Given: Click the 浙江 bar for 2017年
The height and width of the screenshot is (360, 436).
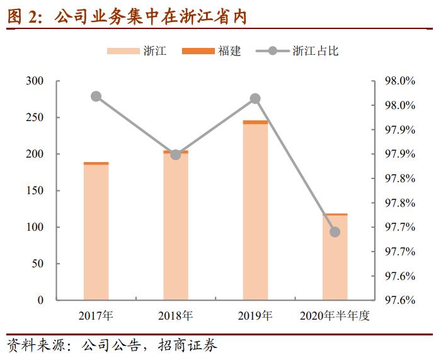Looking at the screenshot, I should point(96,232).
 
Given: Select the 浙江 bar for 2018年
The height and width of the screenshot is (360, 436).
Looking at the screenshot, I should point(176,227).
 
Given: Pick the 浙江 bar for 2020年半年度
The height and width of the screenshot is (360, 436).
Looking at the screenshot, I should point(335,258).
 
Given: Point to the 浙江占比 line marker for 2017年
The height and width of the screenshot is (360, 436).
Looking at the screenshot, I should point(96,96).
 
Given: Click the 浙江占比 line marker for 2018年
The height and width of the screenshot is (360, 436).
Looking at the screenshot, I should point(176,154).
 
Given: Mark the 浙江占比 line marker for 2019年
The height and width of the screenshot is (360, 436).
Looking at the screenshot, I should point(255,98).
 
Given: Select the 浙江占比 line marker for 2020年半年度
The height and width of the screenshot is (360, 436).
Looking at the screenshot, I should point(335,232).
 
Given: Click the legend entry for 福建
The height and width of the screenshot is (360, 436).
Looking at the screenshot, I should point(211,51).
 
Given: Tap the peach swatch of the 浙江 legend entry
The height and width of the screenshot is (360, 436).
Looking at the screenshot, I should point(123,51).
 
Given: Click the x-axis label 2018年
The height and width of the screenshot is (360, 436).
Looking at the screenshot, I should point(176,315).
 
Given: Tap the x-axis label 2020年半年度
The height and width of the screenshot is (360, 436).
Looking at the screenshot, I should point(335,315).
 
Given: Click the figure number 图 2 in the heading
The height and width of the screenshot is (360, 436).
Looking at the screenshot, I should point(23,17).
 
